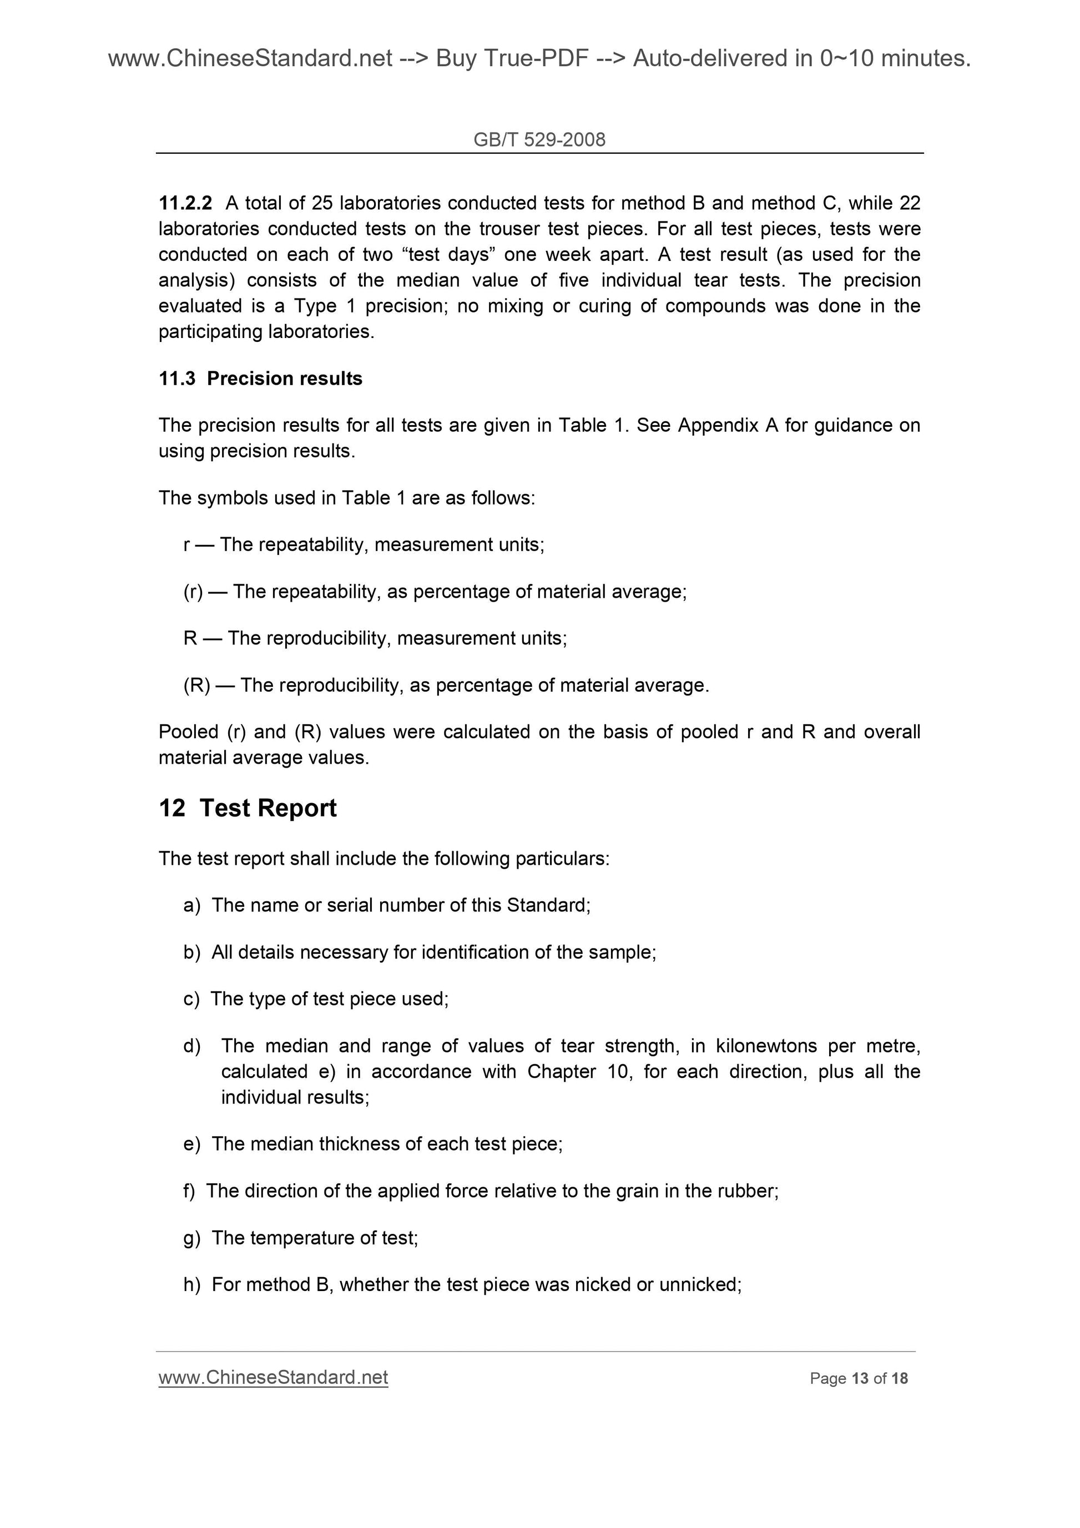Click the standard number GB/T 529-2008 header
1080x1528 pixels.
pos(539,139)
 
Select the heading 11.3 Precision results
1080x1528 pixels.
pos(260,378)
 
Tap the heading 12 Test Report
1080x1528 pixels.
pos(248,808)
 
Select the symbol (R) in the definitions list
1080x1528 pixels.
pos(196,685)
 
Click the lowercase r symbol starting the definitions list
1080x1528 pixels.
pos(186,545)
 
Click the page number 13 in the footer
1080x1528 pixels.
pos(860,1378)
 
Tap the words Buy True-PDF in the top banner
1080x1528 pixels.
pos(512,59)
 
